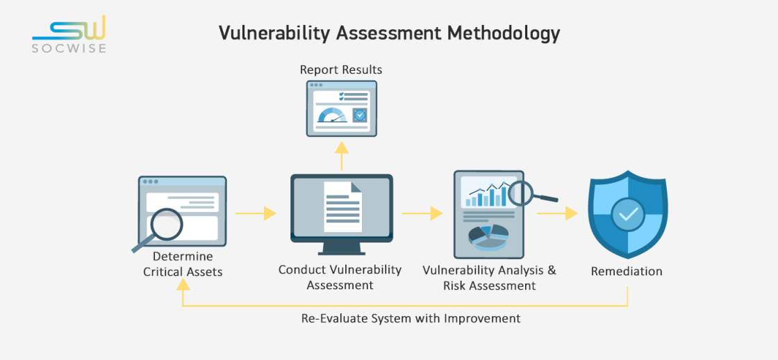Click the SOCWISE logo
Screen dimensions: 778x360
pos(69,34)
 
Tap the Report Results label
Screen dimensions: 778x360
pos(341,69)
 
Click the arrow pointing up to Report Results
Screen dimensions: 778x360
pos(341,156)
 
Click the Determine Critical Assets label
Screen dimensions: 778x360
pos(183,264)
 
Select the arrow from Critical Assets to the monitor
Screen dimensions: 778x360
pos(256,213)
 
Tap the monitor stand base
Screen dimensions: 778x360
pos(342,252)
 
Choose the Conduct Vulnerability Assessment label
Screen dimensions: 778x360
pos(340,277)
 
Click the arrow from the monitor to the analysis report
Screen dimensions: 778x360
pos(423,213)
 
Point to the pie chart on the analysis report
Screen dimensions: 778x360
pos(489,237)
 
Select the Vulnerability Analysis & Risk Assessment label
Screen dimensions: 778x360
pos(489,278)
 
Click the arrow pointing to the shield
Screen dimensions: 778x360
pos(558,213)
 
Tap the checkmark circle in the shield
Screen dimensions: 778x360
pos(628,213)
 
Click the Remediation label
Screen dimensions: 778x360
pos(626,272)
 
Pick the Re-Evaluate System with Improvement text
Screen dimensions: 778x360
pos(411,318)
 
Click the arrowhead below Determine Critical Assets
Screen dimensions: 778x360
pos(183,284)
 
